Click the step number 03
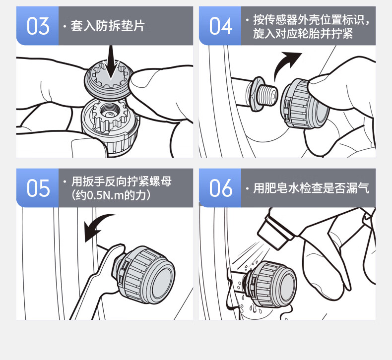click(38, 26)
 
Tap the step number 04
click(220, 26)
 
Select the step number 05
click(38, 188)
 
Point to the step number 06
click(221, 188)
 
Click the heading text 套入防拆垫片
click(108, 26)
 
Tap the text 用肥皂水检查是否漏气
click(311, 188)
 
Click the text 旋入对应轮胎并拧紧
click(303, 34)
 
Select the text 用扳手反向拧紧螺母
click(122, 181)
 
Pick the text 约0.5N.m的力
click(110, 195)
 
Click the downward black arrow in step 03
click(111, 63)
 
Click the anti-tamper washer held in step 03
click(108, 79)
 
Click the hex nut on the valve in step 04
click(255, 94)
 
